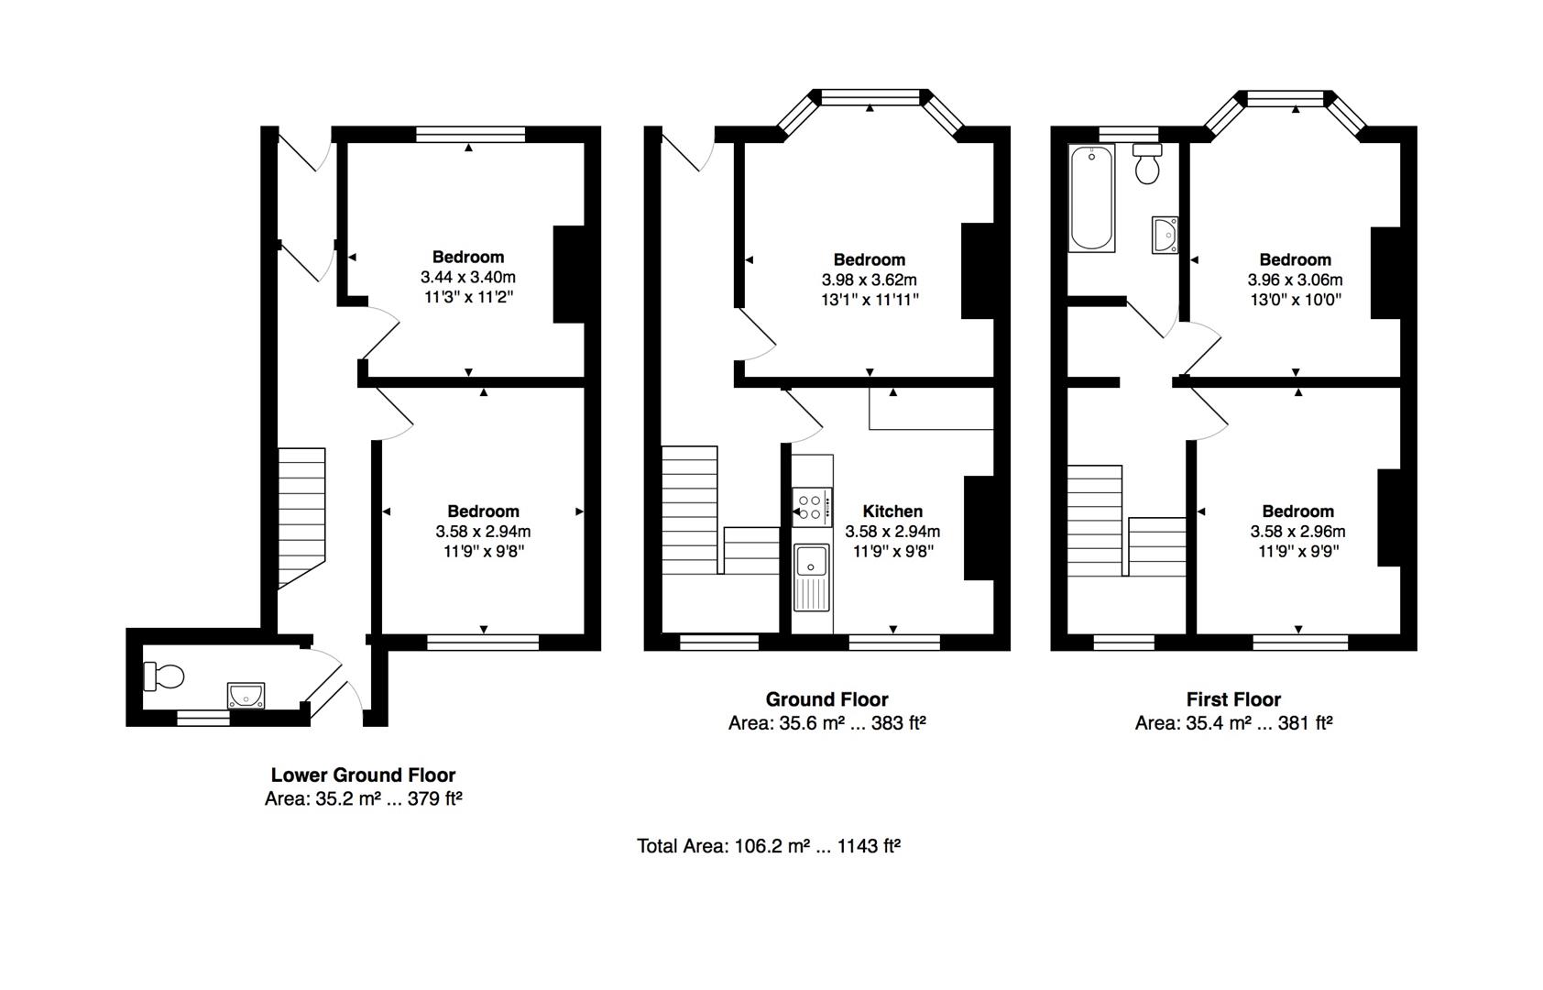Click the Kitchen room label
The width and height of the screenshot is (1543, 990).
tap(892, 511)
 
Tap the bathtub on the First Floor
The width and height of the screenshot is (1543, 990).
tap(1091, 198)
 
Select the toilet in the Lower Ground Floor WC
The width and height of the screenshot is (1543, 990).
tap(164, 676)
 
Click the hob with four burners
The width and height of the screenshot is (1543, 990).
tap(812, 507)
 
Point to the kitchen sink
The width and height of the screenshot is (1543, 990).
tap(812, 577)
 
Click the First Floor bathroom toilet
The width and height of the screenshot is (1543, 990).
tap(1147, 163)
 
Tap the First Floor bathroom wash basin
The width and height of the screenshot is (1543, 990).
tap(1165, 235)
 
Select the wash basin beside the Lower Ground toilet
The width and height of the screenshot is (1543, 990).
tap(246, 695)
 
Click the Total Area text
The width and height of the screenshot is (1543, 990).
tap(769, 845)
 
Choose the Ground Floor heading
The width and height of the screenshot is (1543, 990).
tap(826, 699)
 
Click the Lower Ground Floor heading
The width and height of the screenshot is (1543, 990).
tap(363, 775)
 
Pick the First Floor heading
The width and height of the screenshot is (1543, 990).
tap(1233, 699)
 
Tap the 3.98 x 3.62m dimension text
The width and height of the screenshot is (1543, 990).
tap(870, 280)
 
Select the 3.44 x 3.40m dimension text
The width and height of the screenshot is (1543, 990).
tap(467, 277)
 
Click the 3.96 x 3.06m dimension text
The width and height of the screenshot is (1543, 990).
tap(1295, 280)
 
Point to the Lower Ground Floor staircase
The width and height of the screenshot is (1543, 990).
tap(301, 518)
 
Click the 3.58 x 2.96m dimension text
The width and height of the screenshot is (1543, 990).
tap(1297, 531)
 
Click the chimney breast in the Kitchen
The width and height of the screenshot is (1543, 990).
tap(979, 528)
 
